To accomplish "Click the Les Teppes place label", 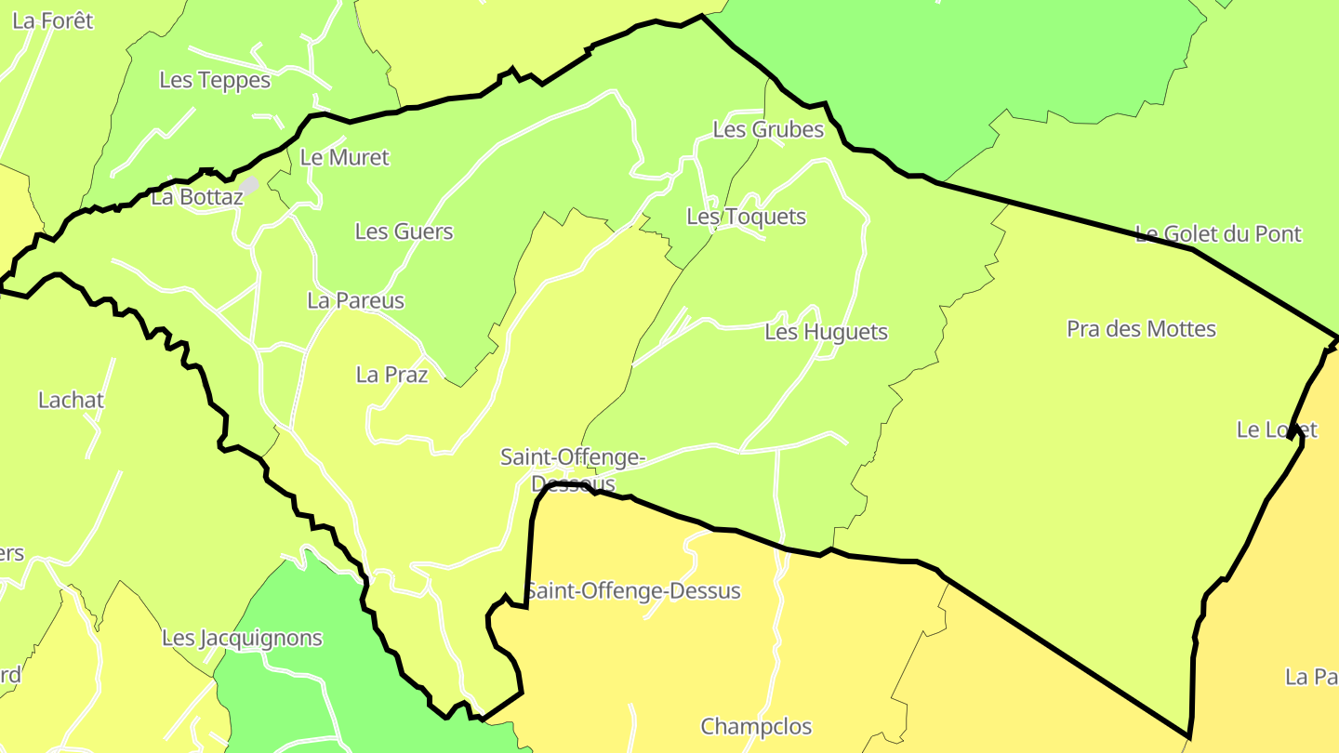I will [215, 80].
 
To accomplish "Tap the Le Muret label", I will [344, 158].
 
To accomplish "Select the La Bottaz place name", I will [196, 197].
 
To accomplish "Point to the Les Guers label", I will [404, 231].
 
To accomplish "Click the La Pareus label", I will [356, 301].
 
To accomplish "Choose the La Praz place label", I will [391, 375].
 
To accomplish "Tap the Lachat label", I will [71, 401].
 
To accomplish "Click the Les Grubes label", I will [768, 130].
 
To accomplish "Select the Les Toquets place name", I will [746, 218].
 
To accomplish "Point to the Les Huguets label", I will [826, 332].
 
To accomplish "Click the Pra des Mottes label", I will [1141, 329].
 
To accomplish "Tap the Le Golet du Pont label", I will [1218, 234].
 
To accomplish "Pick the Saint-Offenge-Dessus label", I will [633, 591].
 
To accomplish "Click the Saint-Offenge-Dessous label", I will [572, 470].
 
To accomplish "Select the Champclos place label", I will [756, 727].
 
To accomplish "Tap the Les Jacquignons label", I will [242, 639].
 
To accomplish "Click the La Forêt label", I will [53, 20].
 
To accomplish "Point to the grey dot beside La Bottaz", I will [249, 184].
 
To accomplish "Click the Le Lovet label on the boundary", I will [1277, 429].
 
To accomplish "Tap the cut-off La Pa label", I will [1311, 677].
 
